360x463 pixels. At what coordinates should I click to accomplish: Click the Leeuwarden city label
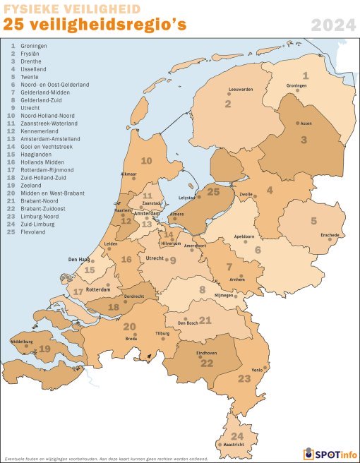pos(241,90)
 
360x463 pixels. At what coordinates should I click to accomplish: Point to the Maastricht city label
pos(234,445)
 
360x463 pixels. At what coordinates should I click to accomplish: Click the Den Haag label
pos(78,260)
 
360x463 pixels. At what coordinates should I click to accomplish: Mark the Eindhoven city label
pos(206,352)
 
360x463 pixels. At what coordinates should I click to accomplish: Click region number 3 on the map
pos(303,140)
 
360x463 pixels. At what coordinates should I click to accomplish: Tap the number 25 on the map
pos(214,191)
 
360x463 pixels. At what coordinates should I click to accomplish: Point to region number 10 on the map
pos(146,161)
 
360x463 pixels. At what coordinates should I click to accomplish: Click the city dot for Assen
pos(297,122)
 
